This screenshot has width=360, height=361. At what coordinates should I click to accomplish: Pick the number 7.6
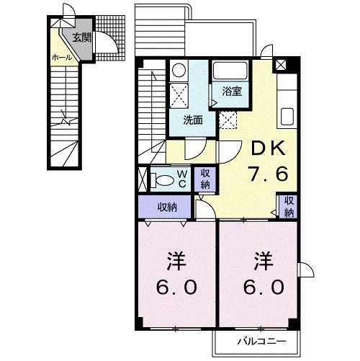[269, 175]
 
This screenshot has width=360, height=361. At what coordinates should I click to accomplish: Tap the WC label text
[183, 177]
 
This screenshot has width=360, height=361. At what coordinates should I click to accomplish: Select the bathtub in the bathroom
[230, 72]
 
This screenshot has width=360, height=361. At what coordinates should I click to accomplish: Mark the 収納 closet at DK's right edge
[288, 206]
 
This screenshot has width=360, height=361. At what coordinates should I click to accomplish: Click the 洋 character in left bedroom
[174, 259]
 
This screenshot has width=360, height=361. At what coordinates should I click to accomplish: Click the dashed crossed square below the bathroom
[229, 120]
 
